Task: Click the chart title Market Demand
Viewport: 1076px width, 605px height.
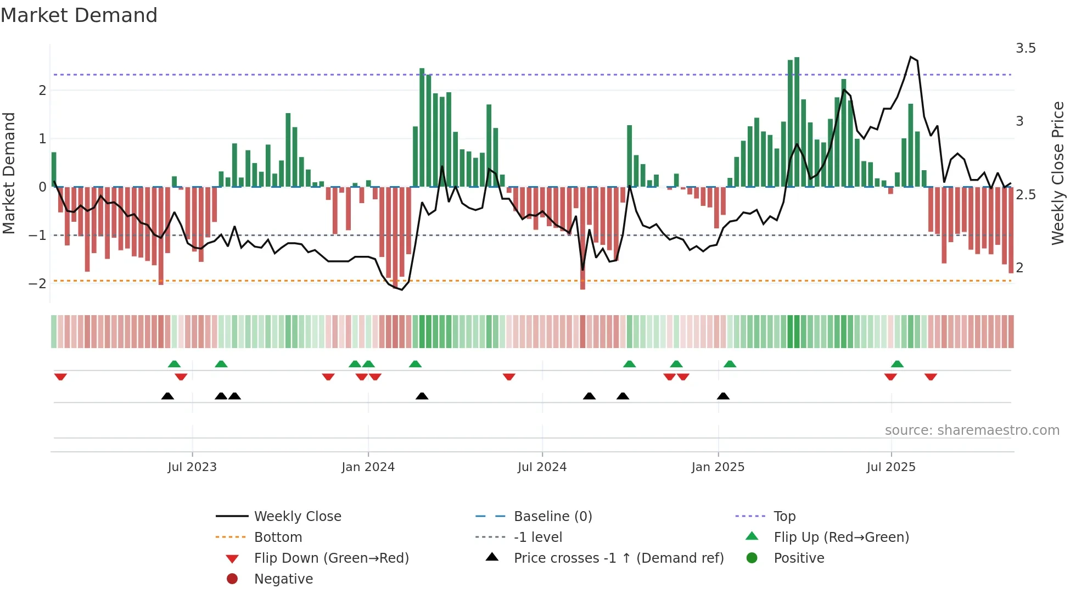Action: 79,15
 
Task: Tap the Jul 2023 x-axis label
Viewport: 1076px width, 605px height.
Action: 192,467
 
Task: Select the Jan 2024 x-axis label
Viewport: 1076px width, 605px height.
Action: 368,467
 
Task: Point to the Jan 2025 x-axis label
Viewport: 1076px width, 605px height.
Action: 718,467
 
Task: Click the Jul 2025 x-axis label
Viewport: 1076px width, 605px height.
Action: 891,467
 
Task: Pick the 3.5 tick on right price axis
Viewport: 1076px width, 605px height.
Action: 1025,48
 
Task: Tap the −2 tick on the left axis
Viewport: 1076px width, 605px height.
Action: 37,284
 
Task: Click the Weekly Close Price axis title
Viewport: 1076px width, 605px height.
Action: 1057,173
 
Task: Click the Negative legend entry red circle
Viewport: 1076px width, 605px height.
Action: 232,579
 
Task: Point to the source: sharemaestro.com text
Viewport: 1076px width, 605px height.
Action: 972,430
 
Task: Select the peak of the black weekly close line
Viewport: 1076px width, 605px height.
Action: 911,57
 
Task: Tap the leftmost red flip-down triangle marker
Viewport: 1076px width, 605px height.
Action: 60,377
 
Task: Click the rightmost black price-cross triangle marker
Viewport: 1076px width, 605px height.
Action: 723,396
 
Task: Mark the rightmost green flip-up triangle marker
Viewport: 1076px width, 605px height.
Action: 897,364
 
